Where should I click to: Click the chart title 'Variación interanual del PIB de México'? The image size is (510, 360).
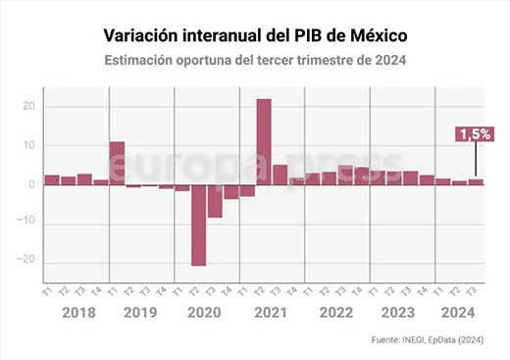point(255,36)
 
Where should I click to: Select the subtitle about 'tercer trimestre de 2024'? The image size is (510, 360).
point(255,61)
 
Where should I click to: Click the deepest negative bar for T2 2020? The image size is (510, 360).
point(198,225)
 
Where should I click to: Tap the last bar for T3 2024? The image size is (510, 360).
point(476,181)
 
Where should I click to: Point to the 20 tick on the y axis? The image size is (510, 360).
point(30,107)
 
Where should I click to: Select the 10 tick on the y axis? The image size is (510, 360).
point(30,145)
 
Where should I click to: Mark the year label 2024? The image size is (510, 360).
point(459,314)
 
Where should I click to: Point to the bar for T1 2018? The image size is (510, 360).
point(51,180)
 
